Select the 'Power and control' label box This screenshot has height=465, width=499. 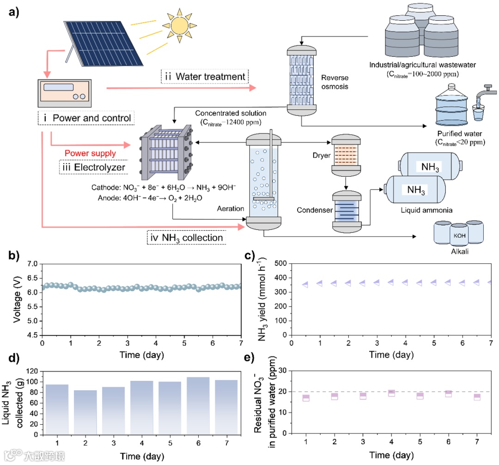click(x=86, y=118)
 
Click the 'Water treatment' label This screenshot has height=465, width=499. click(x=205, y=76)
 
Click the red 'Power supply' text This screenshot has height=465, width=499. click(x=90, y=153)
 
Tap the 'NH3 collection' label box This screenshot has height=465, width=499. click(x=187, y=238)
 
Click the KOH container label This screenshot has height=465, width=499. click(x=459, y=234)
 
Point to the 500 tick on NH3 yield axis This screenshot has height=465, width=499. click(x=279, y=264)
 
